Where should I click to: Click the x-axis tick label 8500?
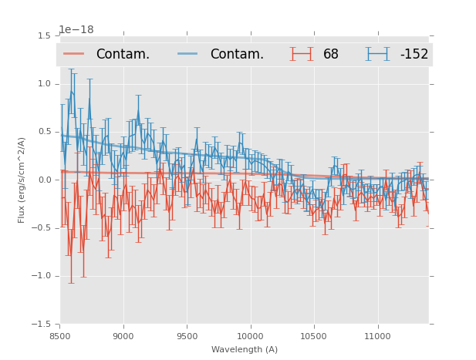click(59, 336)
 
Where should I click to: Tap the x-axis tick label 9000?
click(123, 336)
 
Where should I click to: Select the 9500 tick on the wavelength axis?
click(187, 336)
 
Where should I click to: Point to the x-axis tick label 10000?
click(251, 336)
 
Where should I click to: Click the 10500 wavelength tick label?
click(314, 336)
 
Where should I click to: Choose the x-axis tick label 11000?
click(378, 336)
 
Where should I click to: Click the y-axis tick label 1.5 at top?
click(44, 36)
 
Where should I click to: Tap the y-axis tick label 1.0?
click(44, 84)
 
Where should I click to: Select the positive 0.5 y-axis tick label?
click(44, 132)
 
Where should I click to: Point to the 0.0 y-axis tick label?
click(44, 180)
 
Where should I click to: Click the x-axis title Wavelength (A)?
click(245, 349)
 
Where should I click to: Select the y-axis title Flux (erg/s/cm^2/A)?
click(22, 180)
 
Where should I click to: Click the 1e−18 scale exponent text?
click(76, 30)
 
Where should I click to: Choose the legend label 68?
click(331, 54)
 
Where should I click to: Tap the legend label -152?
click(414, 54)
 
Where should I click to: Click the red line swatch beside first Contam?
click(74, 54)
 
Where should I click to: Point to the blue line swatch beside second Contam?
click(188, 54)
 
